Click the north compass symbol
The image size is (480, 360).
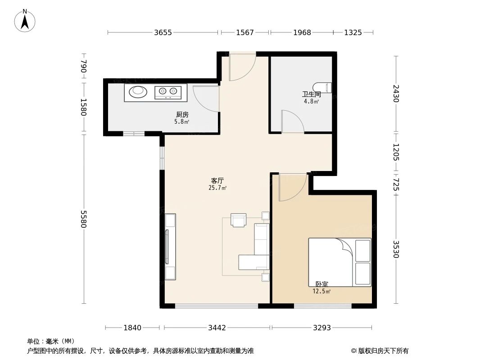(x=25, y=21)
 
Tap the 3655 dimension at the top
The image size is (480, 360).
(x=163, y=32)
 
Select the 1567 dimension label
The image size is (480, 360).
(x=245, y=32)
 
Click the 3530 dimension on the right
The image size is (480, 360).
(x=395, y=249)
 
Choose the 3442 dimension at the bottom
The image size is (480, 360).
(x=217, y=328)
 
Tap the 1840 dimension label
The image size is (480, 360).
(x=132, y=328)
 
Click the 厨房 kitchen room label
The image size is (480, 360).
(x=182, y=115)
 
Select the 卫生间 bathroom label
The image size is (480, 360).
(x=311, y=94)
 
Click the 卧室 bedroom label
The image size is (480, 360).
(x=322, y=284)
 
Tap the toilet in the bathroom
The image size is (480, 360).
(x=323, y=87)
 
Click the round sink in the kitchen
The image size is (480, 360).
(x=138, y=92)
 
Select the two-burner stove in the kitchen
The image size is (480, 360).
(x=168, y=92)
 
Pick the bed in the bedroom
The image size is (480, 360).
(x=340, y=262)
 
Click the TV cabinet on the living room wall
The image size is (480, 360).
(x=170, y=247)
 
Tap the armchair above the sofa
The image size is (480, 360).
(x=239, y=220)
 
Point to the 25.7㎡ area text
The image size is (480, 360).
(x=217, y=188)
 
